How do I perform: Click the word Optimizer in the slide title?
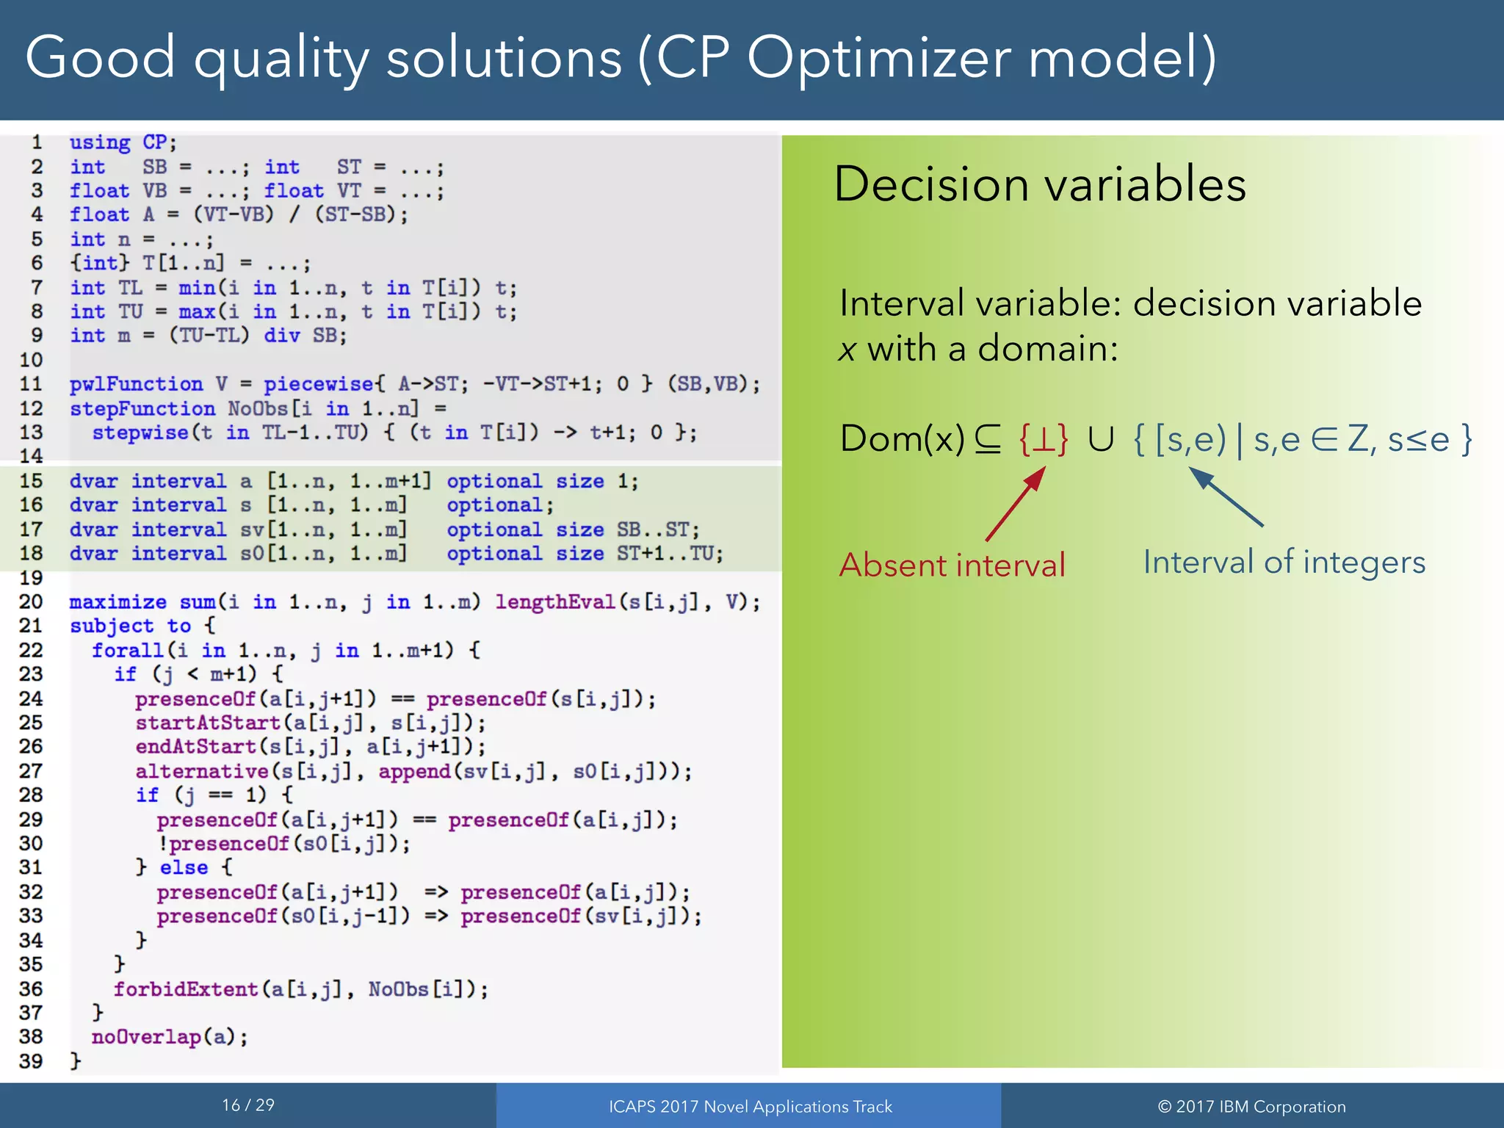pos(880,59)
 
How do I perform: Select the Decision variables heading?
pos(1039,184)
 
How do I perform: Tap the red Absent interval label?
pos(952,565)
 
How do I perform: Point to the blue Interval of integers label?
pos(1284,563)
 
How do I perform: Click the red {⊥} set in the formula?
pos(1043,440)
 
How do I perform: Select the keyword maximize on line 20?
pos(117,602)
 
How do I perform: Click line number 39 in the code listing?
pos(31,1060)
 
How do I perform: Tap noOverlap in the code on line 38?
pos(146,1037)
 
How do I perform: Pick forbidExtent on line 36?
pos(185,989)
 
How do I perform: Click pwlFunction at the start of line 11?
pos(136,384)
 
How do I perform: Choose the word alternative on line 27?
pos(202,771)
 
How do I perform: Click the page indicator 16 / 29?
pos(248,1105)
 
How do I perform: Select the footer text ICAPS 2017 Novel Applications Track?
pos(750,1107)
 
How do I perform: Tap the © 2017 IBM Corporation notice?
pos(1251,1107)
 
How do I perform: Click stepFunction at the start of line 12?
pos(142,408)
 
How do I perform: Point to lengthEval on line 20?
pos(554,602)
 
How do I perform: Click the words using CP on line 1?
pos(122,142)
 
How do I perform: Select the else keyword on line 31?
pos(184,867)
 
